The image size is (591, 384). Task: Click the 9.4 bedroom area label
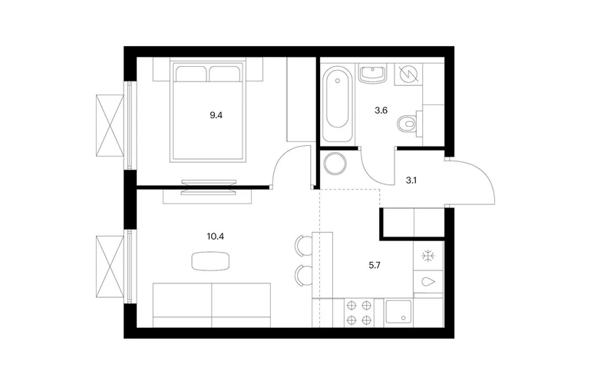(x=216, y=115)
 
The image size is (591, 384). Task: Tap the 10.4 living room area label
(x=215, y=237)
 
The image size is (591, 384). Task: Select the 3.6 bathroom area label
(x=381, y=111)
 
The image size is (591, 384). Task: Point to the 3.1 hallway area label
(x=411, y=180)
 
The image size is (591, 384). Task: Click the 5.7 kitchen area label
(x=375, y=266)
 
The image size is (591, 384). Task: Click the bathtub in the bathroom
(x=338, y=103)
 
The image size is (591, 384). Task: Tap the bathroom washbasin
(x=373, y=74)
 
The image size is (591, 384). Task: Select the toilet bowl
(x=408, y=123)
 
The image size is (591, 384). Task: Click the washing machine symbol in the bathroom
(x=408, y=74)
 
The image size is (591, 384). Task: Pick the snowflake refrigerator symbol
(x=428, y=256)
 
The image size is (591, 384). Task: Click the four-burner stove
(x=359, y=313)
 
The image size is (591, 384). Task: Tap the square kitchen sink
(x=399, y=313)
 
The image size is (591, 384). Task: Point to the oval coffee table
(x=210, y=261)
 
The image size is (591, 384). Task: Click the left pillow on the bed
(x=191, y=74)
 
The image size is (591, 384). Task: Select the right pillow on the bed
(x=225, y=74)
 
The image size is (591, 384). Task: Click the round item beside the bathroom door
(x=335, y=164)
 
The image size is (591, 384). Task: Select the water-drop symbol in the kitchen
(x=428, y=282)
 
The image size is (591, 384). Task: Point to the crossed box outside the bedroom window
(x=110, y=125)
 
